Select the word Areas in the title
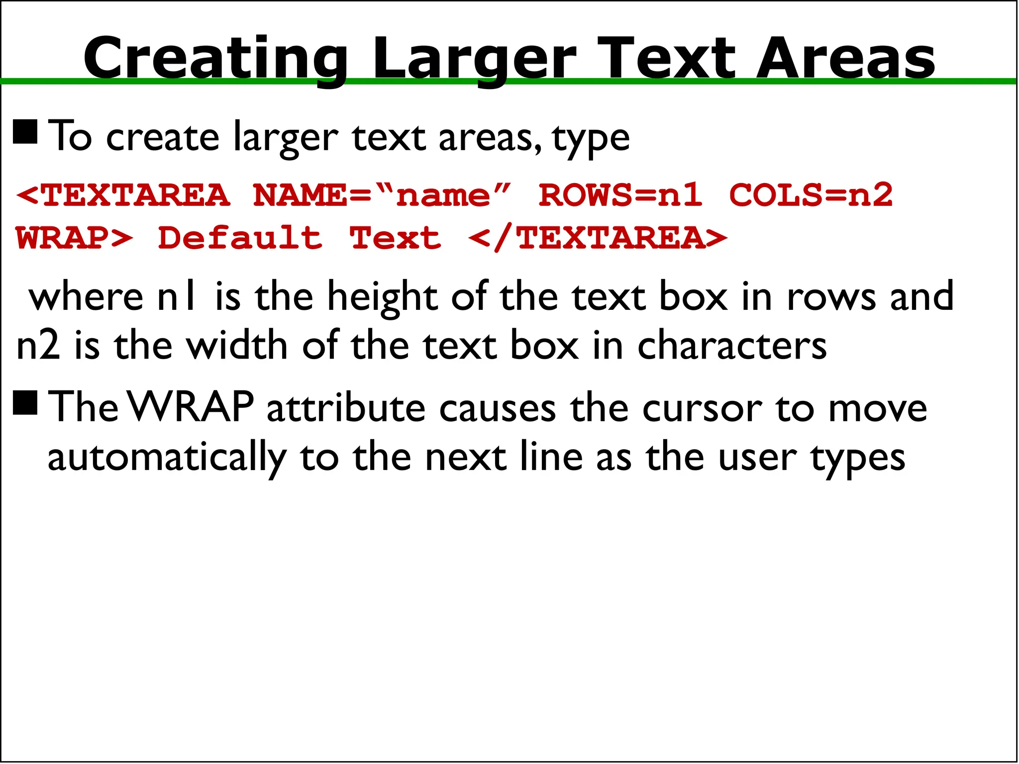click(845, 59)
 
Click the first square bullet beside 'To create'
click(25, 132)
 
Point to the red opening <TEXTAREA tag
click(123, 195)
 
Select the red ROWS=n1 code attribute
click(621, 195)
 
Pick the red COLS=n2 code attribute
click(811, 195)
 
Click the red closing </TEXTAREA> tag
click(598, 238)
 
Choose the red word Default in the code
click(240, 238)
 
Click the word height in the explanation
click(382, 297)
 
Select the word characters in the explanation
click(732, 346)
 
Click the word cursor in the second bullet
click(702, 409)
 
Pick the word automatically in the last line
click(167, 458)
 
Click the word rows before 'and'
click(830, 297)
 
